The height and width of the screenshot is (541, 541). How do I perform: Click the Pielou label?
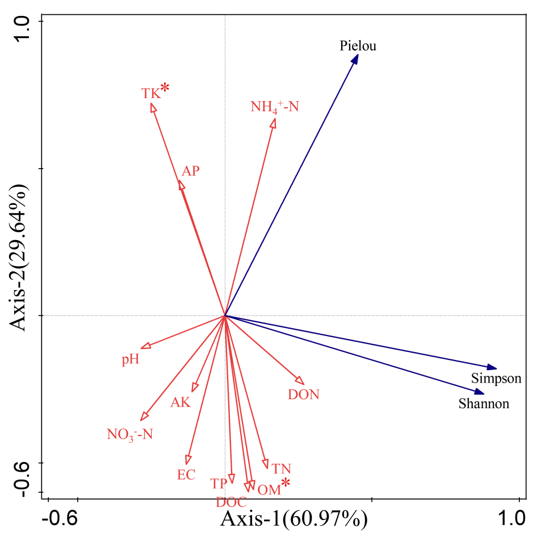[358, 46]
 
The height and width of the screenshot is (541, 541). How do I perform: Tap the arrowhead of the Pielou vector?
[355, 58]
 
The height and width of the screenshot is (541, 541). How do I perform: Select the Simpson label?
[496, 379]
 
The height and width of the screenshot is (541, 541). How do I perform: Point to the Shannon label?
[484, 404]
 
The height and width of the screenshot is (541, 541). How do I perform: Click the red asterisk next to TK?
[165, 87]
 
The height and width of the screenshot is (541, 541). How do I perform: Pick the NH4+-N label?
[274, 106]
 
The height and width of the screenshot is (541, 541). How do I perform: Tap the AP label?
[191, 171]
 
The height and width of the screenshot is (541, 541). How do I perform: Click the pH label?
[130, 360]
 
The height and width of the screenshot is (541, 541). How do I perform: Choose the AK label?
[181, 403]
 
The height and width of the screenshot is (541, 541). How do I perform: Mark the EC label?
[186, 475]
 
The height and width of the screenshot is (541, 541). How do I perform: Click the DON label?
[304, 395]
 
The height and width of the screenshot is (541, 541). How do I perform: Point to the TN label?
[281, 469]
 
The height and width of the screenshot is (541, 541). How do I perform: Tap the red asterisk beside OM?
[286, 483]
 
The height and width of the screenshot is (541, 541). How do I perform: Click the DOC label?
[231, 502]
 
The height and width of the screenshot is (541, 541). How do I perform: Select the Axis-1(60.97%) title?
[294, 519]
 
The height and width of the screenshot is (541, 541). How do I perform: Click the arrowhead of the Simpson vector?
[492, 368]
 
